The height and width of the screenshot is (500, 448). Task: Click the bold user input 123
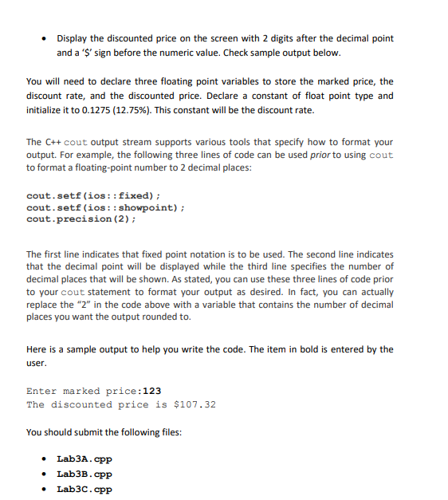[152, 391]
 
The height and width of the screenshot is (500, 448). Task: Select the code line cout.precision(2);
[81, 219]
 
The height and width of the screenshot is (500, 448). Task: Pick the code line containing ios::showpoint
[106, 207]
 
